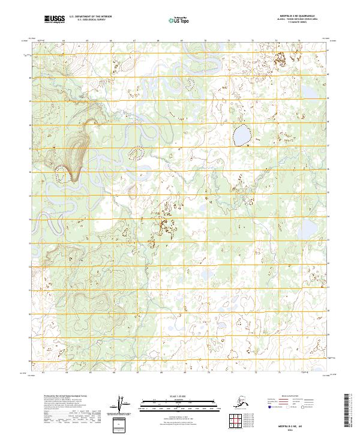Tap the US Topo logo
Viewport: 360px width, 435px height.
coord(179,20)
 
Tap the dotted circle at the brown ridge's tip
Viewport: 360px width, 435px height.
coord(60,175)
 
